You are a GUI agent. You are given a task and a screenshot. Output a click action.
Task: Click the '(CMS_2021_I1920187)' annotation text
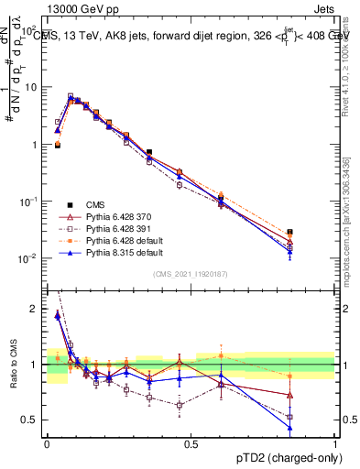191,275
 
